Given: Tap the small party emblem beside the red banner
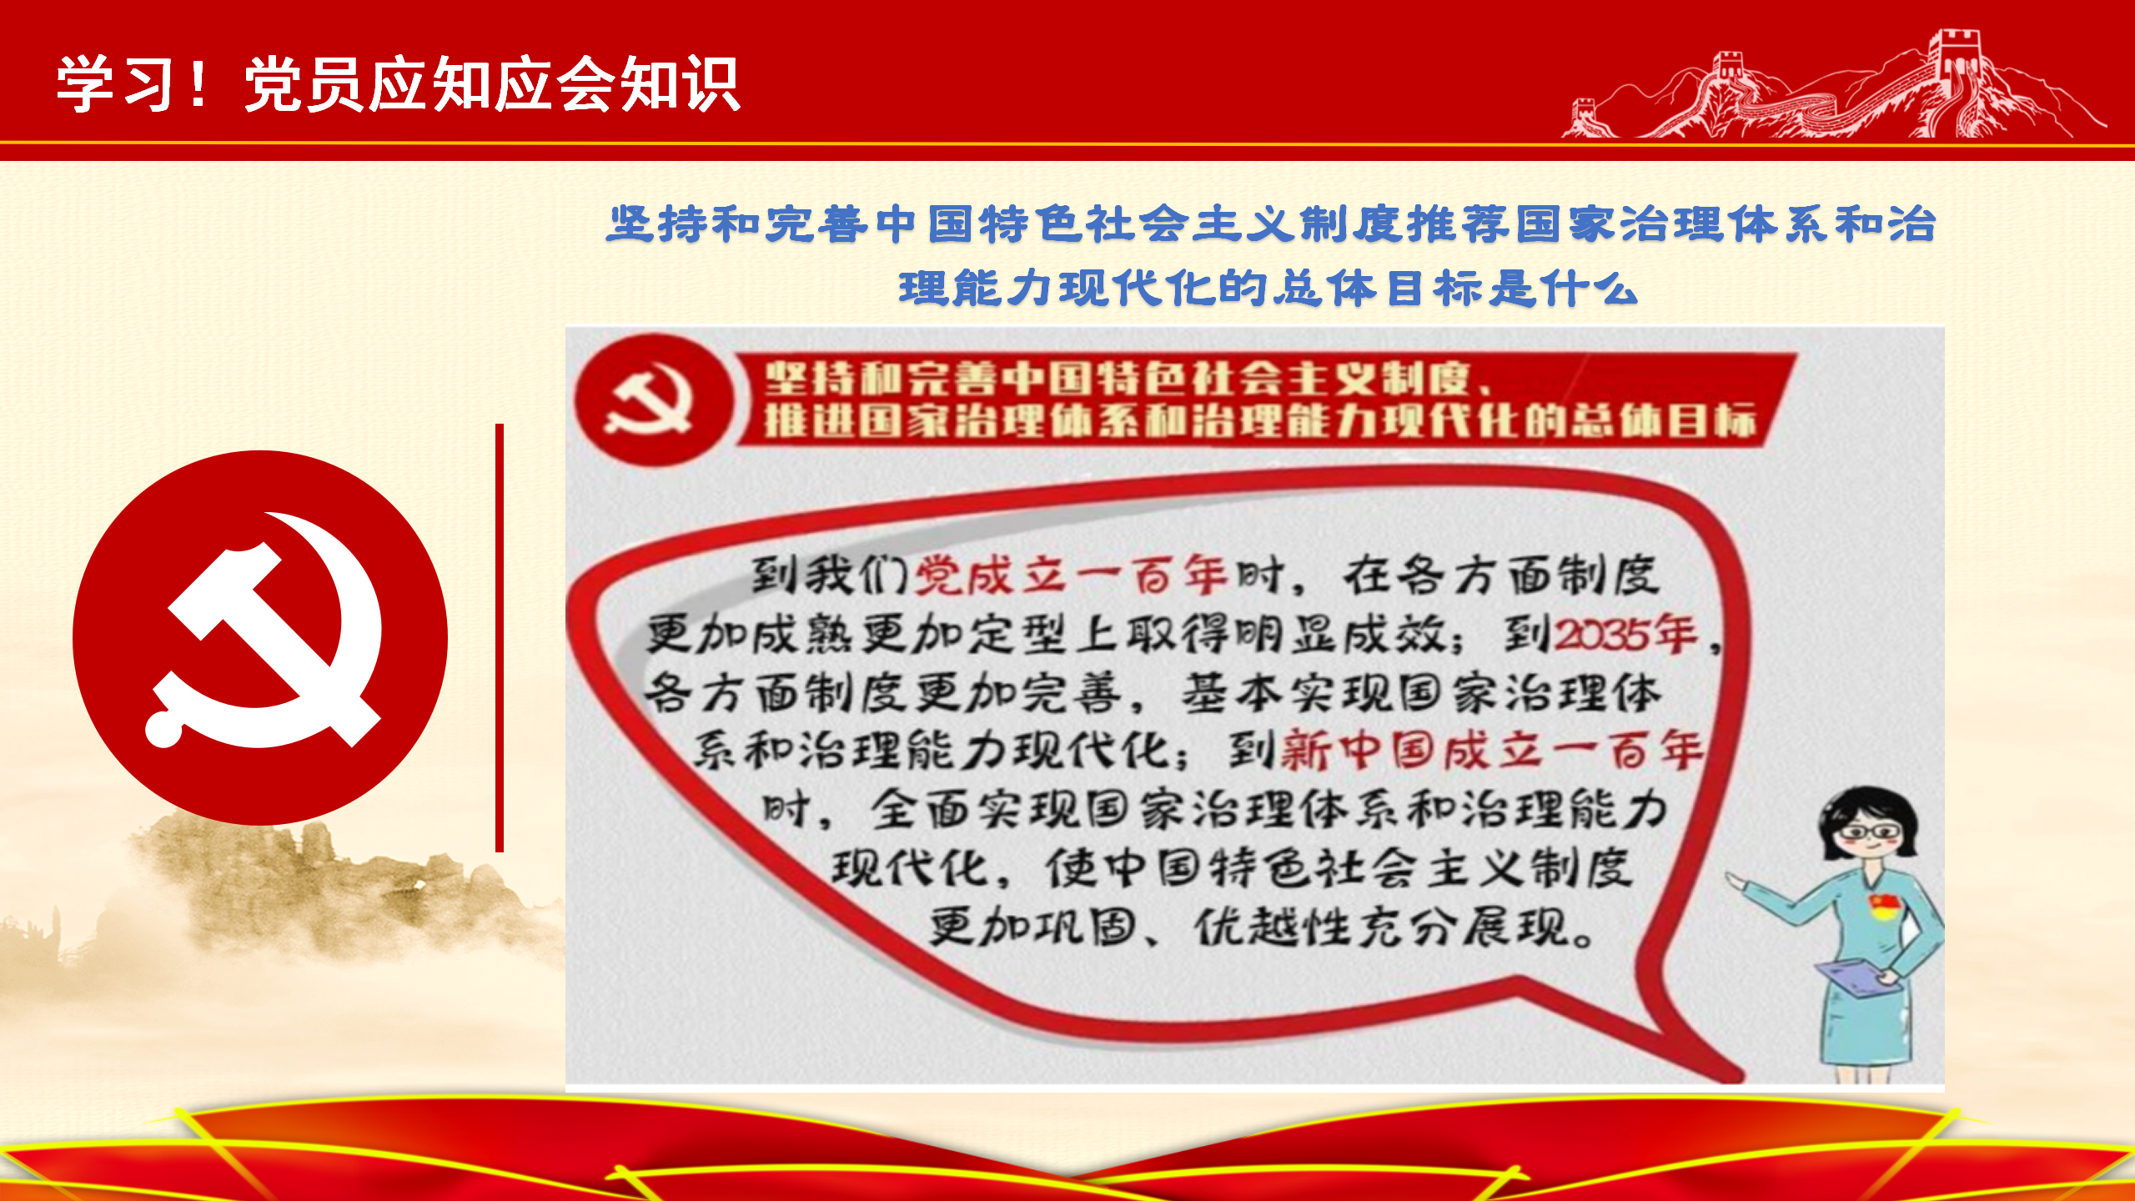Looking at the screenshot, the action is click(649, 399).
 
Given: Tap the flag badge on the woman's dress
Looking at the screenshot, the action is click(1884, 906).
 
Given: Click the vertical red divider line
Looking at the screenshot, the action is click(500, 638).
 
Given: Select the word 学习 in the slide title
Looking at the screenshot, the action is click(117, 84).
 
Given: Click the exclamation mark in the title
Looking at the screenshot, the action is click(198, 84).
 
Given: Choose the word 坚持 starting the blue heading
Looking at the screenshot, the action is click(658, 224).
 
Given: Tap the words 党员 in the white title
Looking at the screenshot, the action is click(305, 84).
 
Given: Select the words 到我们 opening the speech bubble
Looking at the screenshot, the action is click(830, 575).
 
